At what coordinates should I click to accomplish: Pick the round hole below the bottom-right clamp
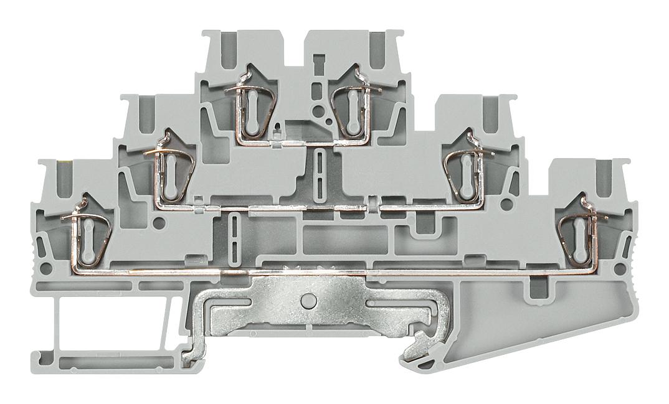[x=620, y=269]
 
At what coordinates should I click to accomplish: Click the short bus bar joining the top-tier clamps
[x=303, y=143]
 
